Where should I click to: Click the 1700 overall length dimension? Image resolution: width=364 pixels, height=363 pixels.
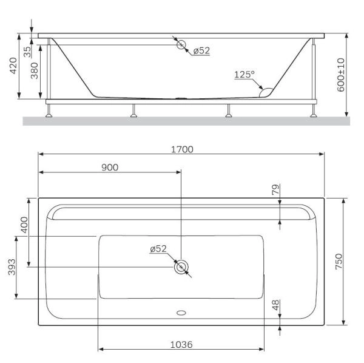click(181, 149)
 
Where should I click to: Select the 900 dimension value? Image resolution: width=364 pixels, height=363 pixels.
click(109, 168)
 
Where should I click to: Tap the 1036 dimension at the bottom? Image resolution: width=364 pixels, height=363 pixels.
click(181, 344)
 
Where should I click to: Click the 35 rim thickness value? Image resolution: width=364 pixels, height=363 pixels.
click(27, 51)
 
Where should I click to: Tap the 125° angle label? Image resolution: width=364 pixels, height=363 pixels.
click(244, 74)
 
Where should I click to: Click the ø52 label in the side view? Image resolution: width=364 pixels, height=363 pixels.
click(201, 51)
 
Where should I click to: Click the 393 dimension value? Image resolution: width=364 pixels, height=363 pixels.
click(12, 267)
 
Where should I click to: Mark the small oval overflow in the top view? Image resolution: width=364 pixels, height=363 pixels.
click(181, 314)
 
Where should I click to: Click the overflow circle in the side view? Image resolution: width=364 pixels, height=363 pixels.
click(181, 44)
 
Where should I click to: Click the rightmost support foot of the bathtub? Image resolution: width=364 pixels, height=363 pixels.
click(314, 111)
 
